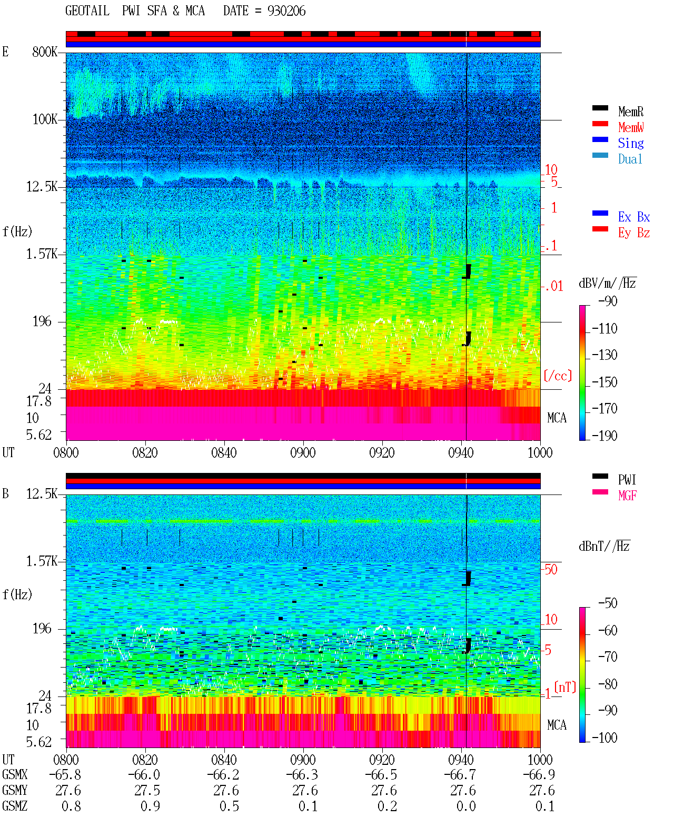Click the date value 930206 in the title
pyautogui.click(x=286, y=11)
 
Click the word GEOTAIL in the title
pyautogui.click(x=87, y=11)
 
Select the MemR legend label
pyautogui.click(x=630, y=112)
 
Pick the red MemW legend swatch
pyautogui.click(x=600, y=124)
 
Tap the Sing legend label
pyautogui.click(x=630, y=143)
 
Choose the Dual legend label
pyautogui.click(x=630, y=159)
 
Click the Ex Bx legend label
pyautogui.click(x=634, y=217)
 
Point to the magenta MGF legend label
pyautogui.click(x=627, y=496)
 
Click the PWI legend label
pyautogui.click(x=627, y=480)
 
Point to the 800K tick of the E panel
pyautogui.click(x=45, y=52)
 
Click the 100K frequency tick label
pyautogui.click(x=45, y=119)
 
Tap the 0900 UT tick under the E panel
pyautogui.click(x=303, y=452)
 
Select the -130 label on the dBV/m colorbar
pyautogui.click(x=604, y=355)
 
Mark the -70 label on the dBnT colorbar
pyautogui.click(x=608, y=657)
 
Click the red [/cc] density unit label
pyautogui.click(x=558, y=376)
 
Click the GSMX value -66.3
pyautogui.click(x=302, y=774)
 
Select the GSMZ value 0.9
pyautogui.click(x=151, y=806)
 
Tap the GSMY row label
pyautogui.click(x=15, y=790)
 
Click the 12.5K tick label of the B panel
pyautogui.click(x=42, y=494)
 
